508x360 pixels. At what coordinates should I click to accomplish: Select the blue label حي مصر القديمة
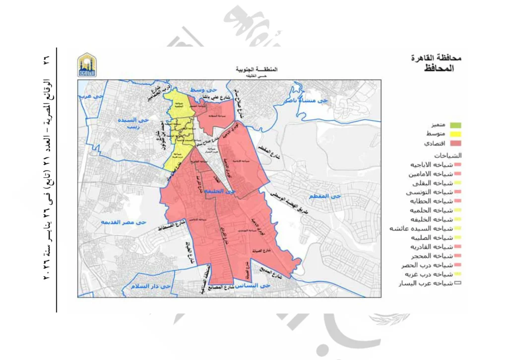click(124, 222)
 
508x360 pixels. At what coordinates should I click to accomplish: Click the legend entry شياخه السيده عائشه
click(426, 228)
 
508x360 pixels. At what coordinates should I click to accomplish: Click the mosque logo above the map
click(87, 65)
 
